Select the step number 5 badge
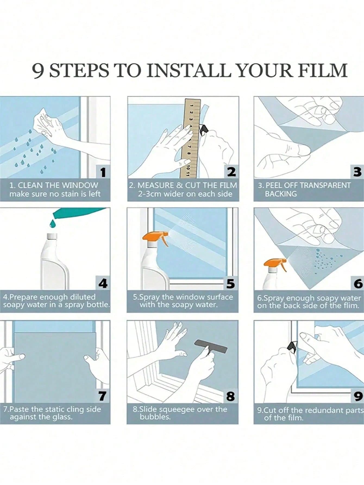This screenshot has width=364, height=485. point(230,283)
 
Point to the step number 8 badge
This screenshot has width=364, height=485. point(230,396)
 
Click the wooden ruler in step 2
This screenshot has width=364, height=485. point(190,137)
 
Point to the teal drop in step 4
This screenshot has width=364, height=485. point(52,223)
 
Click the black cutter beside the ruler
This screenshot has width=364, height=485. point(203,130)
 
